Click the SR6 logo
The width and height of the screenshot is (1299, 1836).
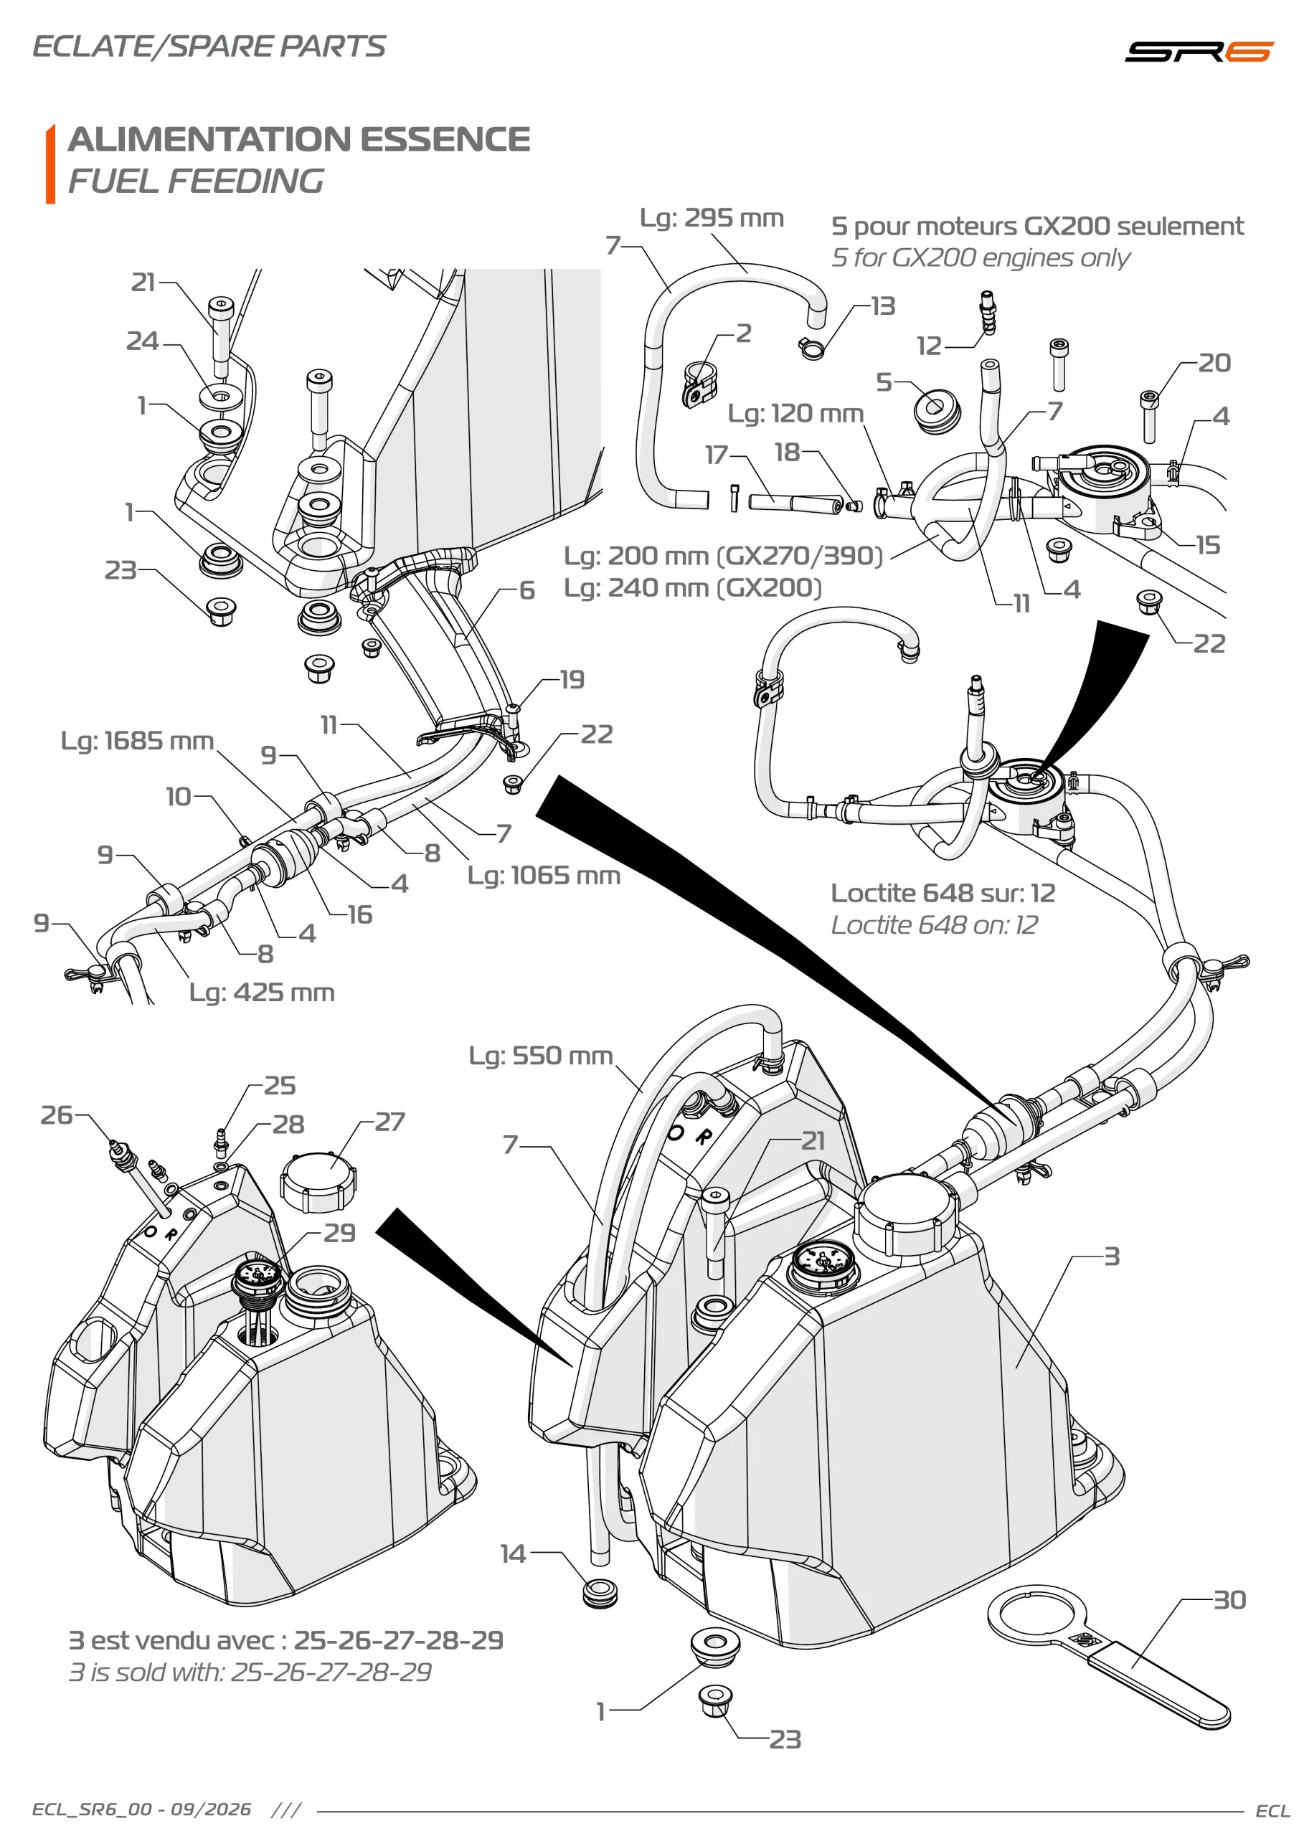(1198, 51)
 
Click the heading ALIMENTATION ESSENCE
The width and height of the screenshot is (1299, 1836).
(299, 139)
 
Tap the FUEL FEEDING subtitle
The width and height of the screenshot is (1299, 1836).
(196, 181)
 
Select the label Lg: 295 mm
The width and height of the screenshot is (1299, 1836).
(711, 217)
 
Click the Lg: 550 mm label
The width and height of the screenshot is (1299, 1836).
(541, 1056)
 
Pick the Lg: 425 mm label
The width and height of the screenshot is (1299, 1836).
(262, 993)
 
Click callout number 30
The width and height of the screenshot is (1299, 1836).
(1229, 1600)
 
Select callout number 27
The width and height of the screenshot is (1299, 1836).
(389, 1122)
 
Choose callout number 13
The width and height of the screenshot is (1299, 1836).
(883, 306)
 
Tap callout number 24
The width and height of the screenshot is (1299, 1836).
(142, 341)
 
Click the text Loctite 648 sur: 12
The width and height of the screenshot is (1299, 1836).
(943, 892)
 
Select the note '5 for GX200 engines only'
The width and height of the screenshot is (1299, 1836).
(980, 257)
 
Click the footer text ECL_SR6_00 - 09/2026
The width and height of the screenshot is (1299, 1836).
(141, 1809)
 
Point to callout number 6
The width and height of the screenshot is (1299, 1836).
(526, 590)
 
